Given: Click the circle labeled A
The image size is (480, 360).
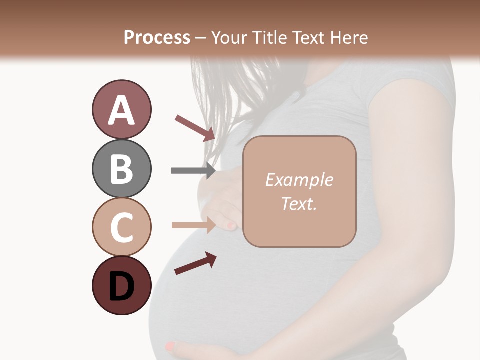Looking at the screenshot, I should point(121,109).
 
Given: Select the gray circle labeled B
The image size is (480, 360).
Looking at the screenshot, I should point(121,168).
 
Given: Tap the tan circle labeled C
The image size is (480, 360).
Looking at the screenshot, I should point(121,227).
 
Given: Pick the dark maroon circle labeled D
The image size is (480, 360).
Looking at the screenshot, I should point(121,286).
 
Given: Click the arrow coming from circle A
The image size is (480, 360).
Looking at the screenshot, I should point(195,128).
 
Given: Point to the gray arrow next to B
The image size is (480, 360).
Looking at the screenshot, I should point(193,171).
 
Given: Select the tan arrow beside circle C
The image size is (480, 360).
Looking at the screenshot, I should point(193,225).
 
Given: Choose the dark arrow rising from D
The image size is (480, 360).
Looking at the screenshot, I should point(195,264).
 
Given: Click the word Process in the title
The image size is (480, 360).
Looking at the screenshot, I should point(157,37).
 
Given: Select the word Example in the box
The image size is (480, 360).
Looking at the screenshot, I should point(299,180).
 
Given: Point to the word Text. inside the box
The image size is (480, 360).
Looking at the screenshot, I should point(299,203).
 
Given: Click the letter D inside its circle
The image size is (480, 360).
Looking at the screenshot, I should point(121,286).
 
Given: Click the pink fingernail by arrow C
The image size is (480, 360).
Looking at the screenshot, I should point(231,226).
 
